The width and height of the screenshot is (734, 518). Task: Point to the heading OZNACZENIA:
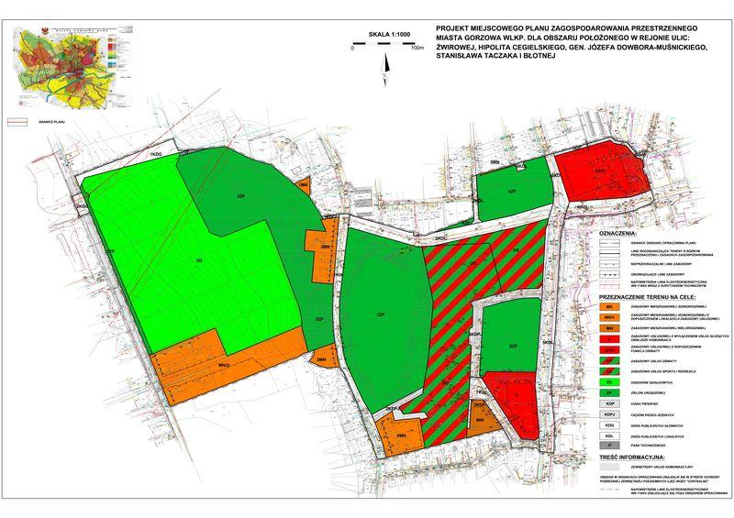click(x=624, y=235)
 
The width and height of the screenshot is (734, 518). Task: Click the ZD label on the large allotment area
click(x=199, y=260)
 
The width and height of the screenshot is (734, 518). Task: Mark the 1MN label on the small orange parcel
click(x=303, y=185)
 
